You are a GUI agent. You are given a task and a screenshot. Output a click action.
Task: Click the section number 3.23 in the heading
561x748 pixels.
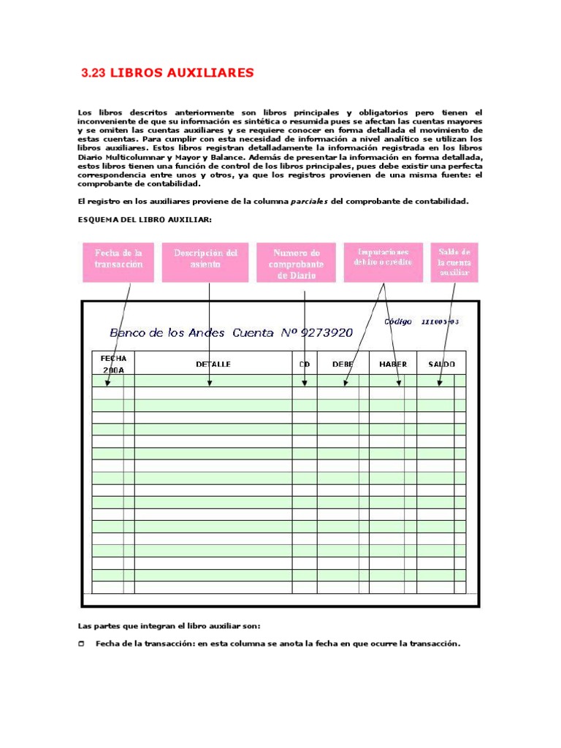(x=93, y=73)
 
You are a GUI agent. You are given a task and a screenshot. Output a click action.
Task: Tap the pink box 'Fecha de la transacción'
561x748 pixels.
(x=118, y=262)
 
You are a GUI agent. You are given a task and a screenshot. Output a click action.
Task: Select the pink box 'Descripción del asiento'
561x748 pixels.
(x=206, y=262)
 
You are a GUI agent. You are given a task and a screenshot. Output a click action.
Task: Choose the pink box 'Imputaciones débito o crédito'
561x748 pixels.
(x=383, y=262)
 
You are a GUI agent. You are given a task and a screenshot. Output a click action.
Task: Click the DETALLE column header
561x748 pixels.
(x=213, y=364)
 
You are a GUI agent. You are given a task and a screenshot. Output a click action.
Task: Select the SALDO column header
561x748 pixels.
(x=441, y=364)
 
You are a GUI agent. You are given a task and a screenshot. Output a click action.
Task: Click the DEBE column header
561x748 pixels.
(x=343, y=364)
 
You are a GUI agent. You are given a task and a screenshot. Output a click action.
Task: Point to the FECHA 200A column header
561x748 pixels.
(x=113, y=364)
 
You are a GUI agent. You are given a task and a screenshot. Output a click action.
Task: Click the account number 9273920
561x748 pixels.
(x=326, y=333)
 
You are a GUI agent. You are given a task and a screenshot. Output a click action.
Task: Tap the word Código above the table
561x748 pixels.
(x=397, y=321)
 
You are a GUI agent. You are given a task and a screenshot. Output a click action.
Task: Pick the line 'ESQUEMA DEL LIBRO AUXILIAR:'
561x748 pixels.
(x=144, y=219)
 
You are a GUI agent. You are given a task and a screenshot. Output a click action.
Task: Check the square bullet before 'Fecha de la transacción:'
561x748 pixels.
(x=81, y=644)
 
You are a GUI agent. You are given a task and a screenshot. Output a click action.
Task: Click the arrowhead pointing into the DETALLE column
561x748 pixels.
(x=210, y=382)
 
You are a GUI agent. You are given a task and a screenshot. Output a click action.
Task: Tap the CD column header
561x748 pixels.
(x=304, y=364)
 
